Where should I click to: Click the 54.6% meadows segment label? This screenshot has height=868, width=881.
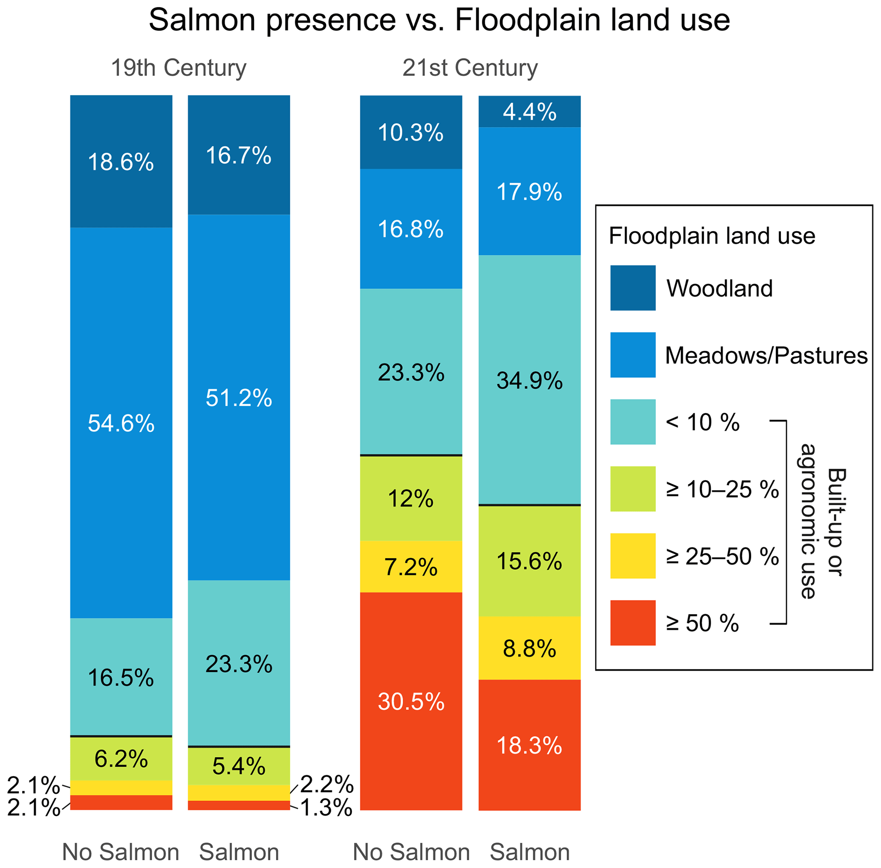[x=121, y=423]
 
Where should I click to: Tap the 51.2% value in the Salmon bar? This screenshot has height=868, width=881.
[x=238, y=398]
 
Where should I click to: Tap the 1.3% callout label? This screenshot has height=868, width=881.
[x=327, y=808]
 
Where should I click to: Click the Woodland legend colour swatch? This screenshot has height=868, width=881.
[x=633, y=288]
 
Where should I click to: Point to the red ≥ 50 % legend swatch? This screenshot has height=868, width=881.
[x=633, y=623]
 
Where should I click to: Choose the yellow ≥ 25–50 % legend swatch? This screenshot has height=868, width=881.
[x=633, y=556]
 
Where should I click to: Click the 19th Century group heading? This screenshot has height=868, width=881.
[x=179, y=68]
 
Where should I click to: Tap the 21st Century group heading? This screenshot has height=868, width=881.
[x=470, y=68]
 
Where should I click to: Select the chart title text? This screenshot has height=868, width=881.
[x=439, y=20]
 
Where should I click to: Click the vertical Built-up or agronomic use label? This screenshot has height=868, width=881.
[x=821, y=521]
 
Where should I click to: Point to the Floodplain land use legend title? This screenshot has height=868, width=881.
[x=712, y=236]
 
